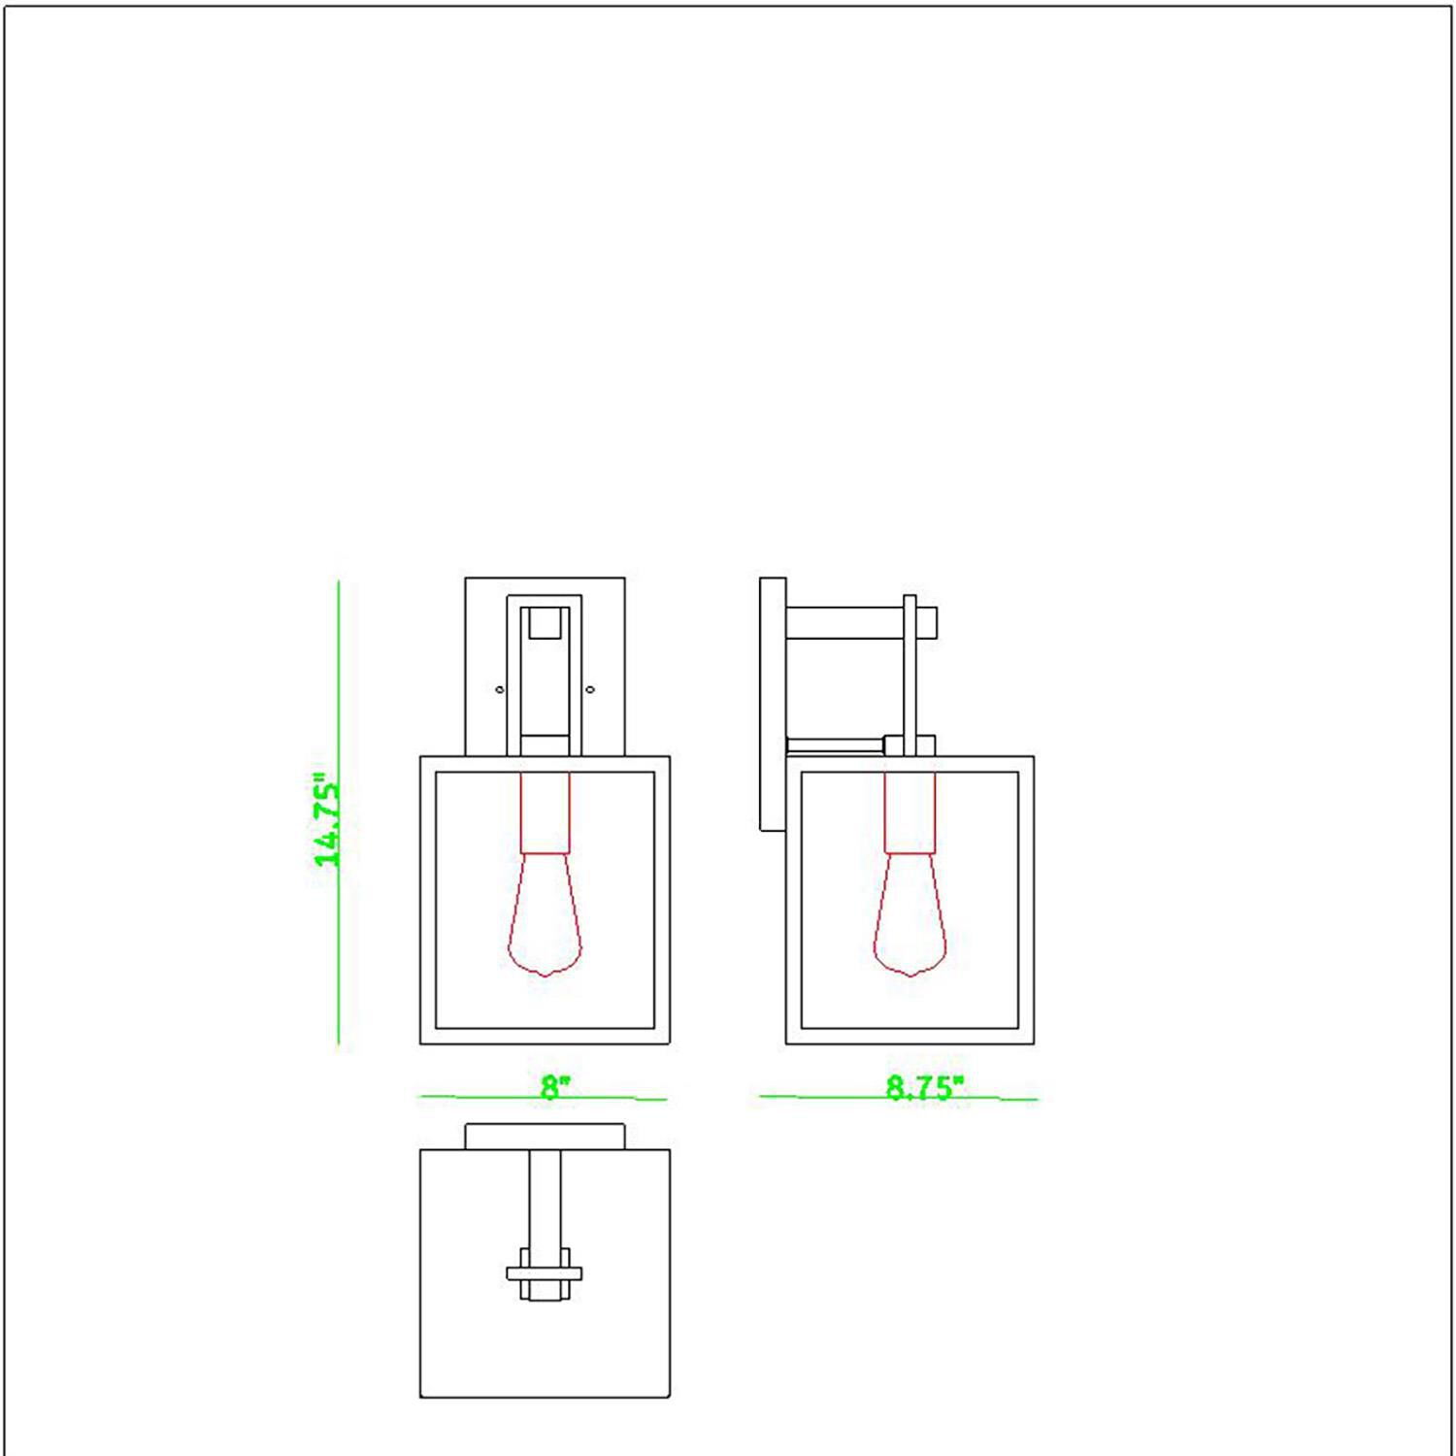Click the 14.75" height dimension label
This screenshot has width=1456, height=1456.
pyautogui.click(x=326, y=821)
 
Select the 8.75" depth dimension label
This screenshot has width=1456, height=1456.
pyautogui.click(x=923, y=1089)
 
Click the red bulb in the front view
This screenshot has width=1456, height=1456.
pyautogui.click(x=545, y=916)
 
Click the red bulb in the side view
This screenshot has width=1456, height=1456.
pyautogui.click(x=910, y=916)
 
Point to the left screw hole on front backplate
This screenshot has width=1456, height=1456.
pyautogui.click(x=500, y=690)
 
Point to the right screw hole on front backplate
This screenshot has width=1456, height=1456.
pyautogui.click(x=590, y=690)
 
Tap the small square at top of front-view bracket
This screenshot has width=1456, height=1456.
pyautogui.click(x=546, y=622)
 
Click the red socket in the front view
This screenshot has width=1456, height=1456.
pyautogui.click(x=545, y=812)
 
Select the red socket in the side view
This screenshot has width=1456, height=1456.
pyautogui.click(x=910, y=812)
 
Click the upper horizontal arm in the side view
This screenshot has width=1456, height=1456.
pyautogui.click(x=844, y=623)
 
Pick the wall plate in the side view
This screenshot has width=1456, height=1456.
pyautogui.click(x=773, y=704)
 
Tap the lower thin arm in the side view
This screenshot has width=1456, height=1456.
pyautogui.click(x=835, y=745)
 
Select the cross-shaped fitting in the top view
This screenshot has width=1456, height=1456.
pyautogui.click(x=545, y=1274)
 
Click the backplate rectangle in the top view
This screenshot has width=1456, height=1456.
pyautogui.click(x=545, y=1137)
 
